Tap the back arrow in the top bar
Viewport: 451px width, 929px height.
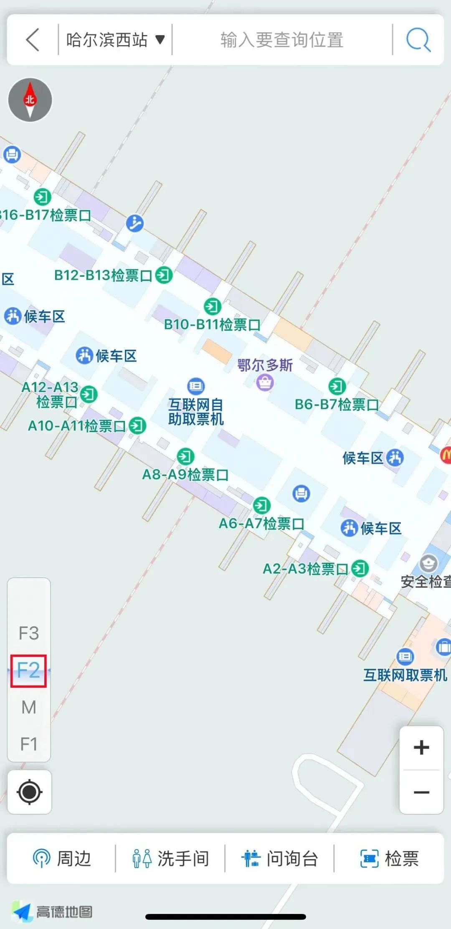click(x=33, y=40)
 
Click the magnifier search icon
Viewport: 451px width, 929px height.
click(x=418, y=40)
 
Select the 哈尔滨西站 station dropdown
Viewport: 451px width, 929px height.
click(x=115, y=40)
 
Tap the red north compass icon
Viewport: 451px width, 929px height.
click(x=30, y=100)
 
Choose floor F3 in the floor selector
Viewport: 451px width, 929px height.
click(x=29, y=633)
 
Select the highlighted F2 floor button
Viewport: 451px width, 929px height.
click(x=28, y=671)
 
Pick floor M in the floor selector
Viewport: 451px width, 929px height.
click(x=29, y=707)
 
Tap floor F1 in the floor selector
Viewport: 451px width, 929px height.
click(x=29, y=744)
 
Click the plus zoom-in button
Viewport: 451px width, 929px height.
click(x=421, y=747)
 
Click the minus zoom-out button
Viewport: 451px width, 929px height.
click(x=421, y=792)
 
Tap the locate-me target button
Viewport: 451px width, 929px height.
click(x=29, y=792)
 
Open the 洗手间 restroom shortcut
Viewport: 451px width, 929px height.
click(x=170, y=859)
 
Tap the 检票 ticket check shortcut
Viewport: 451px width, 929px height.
click(x=389, y=859)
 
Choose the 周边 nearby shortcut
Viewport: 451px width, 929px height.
click(x=62, y=859)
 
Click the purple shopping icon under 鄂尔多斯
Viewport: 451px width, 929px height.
click(x=265, y=382)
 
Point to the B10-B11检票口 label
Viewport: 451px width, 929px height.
click(x=212, y=324)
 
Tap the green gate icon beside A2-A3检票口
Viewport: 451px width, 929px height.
click(x=360, y=568)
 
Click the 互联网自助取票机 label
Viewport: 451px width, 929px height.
click(x=196, y=411)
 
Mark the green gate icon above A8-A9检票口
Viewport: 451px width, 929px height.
click(x=185, y=456)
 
